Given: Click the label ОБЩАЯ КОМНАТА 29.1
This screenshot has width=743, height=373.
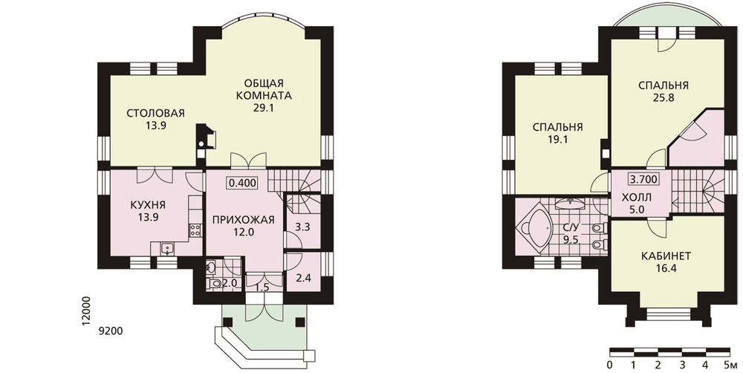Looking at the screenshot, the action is click(264, 96).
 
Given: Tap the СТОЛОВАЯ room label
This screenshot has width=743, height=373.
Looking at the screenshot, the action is click(155, 113).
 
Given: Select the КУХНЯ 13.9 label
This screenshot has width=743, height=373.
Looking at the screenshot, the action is click(147, 211).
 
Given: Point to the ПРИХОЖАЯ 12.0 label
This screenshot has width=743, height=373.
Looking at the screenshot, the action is click(244, 226).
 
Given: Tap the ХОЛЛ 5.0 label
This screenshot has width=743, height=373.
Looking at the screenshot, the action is click(636, 204).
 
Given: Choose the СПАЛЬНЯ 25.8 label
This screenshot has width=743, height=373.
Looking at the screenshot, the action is click(663, 92).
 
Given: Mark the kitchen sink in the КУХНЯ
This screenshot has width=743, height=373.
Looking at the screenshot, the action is click(166, 248).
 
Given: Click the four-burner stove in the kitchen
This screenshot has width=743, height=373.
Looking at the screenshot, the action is click(195, 231).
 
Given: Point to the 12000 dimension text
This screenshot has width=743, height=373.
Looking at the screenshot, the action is click(85, 311).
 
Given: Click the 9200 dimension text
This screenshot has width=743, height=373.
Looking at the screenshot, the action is click(111, 331).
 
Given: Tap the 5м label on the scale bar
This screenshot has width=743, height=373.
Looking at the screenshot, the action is click(730, 365).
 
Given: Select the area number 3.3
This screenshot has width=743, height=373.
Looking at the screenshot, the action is click(302, 227).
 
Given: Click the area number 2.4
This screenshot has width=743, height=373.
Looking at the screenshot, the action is click(303, 278).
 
